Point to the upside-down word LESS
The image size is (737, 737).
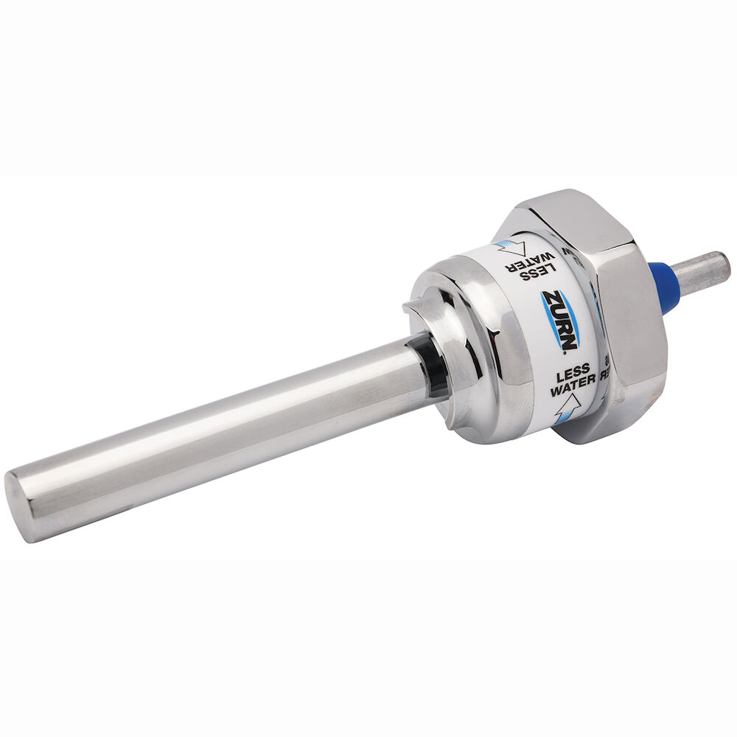524,276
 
